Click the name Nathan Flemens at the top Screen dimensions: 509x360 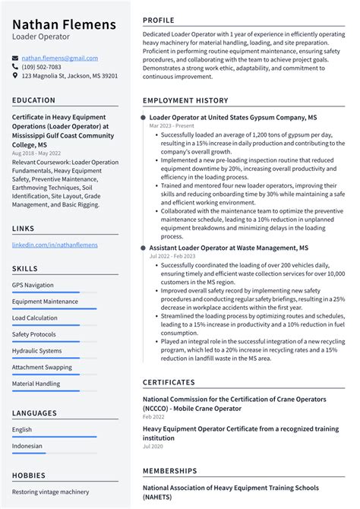64,25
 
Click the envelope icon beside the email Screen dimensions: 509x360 15,58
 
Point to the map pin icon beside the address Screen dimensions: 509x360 15,76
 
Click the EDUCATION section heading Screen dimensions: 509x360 33,100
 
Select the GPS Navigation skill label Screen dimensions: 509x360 33,285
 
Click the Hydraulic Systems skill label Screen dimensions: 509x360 36,351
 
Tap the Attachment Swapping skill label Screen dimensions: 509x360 42,367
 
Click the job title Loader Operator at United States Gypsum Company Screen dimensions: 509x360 233,119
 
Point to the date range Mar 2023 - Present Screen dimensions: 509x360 171,126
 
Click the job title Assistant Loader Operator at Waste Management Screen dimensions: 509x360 229,248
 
